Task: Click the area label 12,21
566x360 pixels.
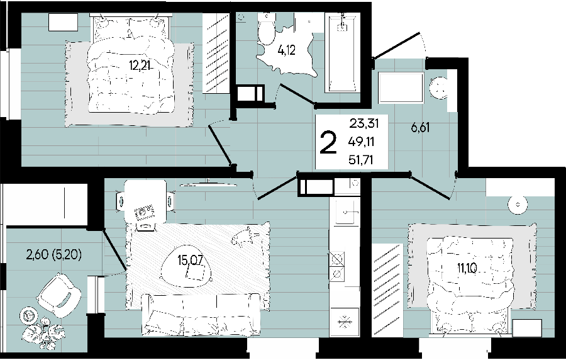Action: pos(140,65)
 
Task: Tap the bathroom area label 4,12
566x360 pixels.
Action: pos(286,50)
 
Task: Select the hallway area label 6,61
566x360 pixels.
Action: pos(420,128)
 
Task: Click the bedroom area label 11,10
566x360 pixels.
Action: pos(467,268)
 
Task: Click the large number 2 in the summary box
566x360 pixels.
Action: pos(328,142)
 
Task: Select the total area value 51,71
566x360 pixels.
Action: pos(360,160)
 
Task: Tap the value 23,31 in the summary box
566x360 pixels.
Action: pos(364,123)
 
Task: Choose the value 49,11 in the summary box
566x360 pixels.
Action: pos(361,142)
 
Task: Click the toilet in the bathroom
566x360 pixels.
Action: pos(267,29)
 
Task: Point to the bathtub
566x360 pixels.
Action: pos(342,52)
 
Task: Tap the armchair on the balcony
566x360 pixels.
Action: pos(59,295)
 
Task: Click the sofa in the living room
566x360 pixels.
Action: pos(201,315)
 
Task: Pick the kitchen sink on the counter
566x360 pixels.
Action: pos(347,211)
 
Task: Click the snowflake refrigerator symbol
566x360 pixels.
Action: pos(345,322)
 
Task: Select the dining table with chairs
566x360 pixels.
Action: pos(145,202)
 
